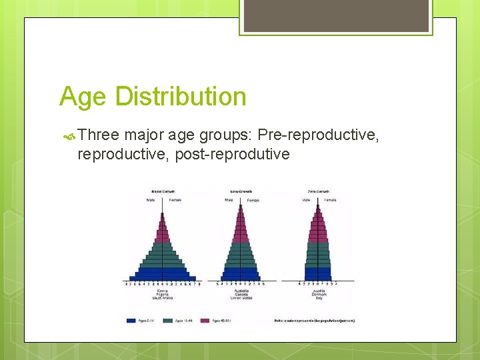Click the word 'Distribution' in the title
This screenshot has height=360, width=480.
click(181, 97)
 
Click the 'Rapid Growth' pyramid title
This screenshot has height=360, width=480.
click(163, 191)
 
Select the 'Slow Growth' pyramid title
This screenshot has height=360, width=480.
click(240, 191)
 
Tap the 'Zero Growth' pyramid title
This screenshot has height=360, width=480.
click(318, 191)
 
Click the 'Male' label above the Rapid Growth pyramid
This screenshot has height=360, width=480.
click(152, 199)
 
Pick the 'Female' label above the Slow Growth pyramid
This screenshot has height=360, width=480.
click(253, 200)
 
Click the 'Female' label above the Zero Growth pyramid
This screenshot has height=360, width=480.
click(330, 199)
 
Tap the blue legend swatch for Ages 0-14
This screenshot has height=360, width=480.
click(131, 320)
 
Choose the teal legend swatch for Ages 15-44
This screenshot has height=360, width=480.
click(169, 320)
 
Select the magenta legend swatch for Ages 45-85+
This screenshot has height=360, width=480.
click(207, 320)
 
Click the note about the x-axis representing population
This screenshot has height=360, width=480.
click(314, 320)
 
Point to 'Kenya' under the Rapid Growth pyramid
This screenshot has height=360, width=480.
click(162, 291)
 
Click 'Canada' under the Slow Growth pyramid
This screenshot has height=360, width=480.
click(240, 295)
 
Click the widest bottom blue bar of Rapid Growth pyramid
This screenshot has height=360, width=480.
click(163, 277)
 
